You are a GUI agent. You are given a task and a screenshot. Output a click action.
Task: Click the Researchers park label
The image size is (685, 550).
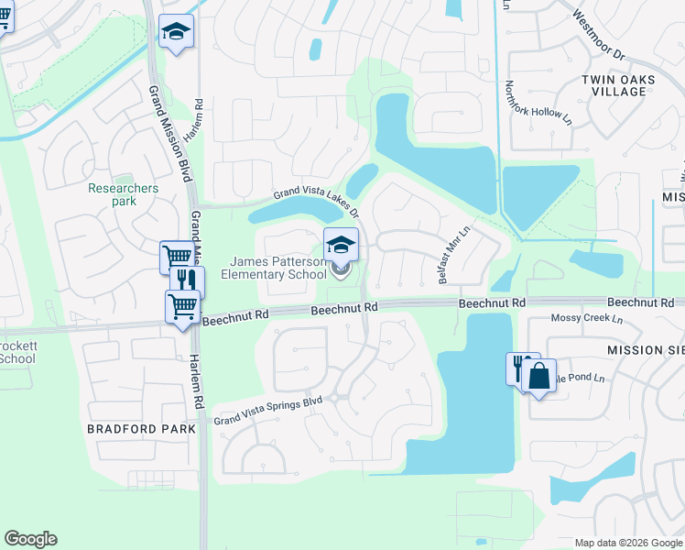click(x=124, y=194)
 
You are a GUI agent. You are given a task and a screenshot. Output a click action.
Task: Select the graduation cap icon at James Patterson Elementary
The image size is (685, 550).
click(x=341, y=245)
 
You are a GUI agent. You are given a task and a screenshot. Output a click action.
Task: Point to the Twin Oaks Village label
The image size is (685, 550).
click(x=618, y=85)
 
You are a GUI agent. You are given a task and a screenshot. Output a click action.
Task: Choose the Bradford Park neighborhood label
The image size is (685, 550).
click(x=142, y=428)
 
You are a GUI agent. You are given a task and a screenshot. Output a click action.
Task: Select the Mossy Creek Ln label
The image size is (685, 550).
click(x=586, y=319)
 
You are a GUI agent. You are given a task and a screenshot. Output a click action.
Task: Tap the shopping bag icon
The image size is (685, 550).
click(x=540, y=376)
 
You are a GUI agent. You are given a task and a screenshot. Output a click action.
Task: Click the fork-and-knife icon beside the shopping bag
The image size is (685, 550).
click(x=520, y=368)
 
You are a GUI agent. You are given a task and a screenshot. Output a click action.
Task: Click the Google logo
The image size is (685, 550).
click(x=30, y=539)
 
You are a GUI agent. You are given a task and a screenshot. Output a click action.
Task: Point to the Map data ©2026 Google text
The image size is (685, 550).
click(x=627, y=543)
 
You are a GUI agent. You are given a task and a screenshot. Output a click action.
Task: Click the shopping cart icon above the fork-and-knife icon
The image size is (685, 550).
click(x=175, y=258)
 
